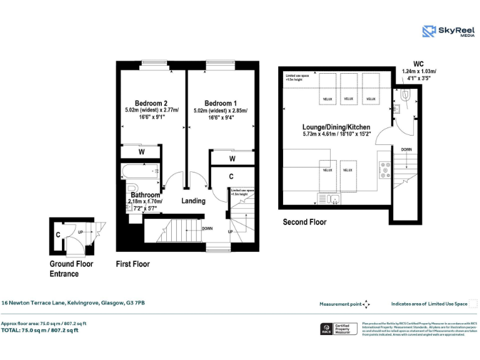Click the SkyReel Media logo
(447, 32)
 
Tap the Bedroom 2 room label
(151, 103)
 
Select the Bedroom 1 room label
(220, 103)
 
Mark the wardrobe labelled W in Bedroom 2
(141, 151)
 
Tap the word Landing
(193, 201)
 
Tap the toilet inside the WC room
(406, 96)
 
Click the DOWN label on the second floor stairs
(406, 149)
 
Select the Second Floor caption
(304, 222)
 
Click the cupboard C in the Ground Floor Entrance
(57, 235)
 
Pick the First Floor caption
(133, 264)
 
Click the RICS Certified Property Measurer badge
(337, 329)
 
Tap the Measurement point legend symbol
(367, 304)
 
